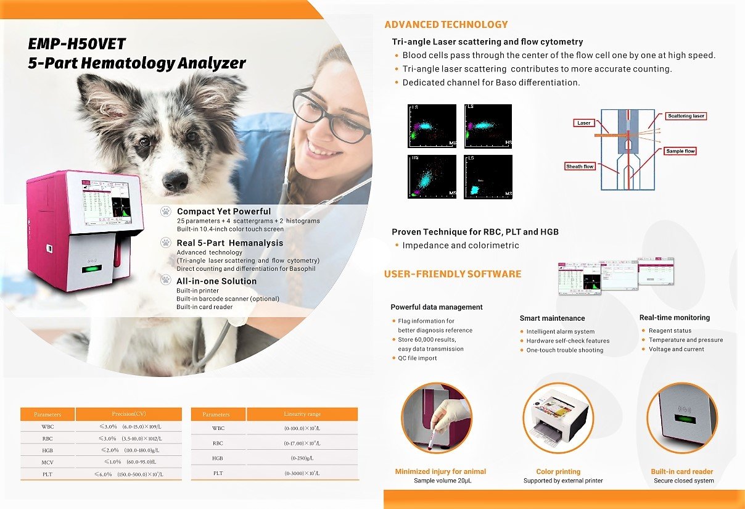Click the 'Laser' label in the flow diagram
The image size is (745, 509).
click(583, 123)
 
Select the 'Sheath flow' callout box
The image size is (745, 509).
click(580, 167)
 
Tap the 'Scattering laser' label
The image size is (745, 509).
click(686, 116)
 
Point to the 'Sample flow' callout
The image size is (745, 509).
click(681, 151)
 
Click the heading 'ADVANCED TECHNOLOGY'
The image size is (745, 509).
click(446, 25)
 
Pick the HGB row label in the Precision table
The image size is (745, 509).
click(47, 450)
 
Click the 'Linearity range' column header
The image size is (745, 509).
click(302, 414)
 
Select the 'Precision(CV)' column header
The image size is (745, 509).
click(128, 414)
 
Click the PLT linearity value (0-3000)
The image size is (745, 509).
click(302, 473)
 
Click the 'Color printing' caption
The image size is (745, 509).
click(558, 471)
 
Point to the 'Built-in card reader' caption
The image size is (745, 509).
click(682, 471)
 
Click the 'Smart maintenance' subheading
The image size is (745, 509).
click(552, 318)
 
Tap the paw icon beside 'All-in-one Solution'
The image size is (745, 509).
click(165, 280)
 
